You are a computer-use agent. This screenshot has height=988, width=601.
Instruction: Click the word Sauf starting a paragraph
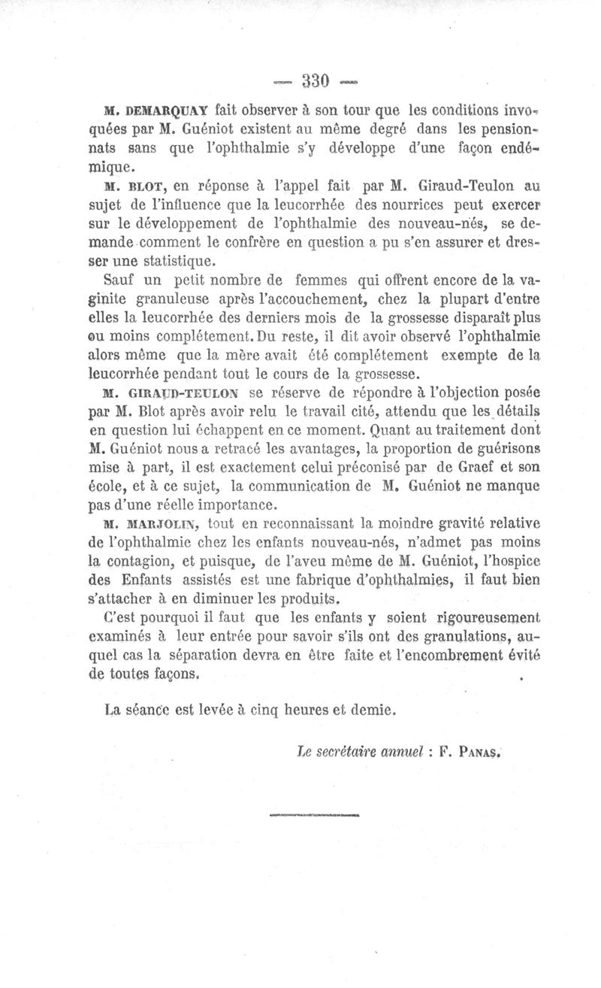click(118, 280)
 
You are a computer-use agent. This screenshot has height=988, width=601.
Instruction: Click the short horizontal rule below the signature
click(315, 814)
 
